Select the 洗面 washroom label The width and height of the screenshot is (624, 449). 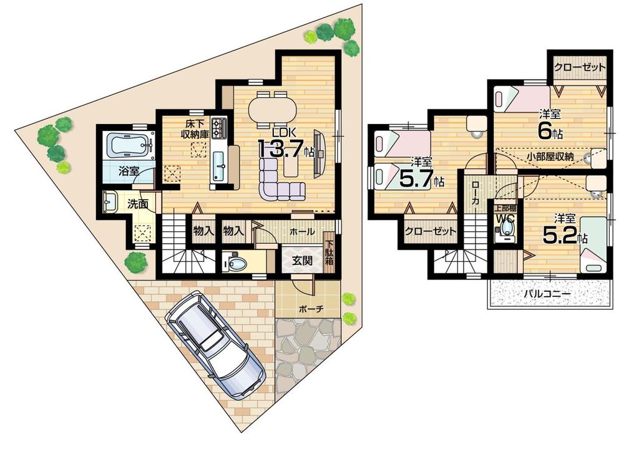(x=139, y=203)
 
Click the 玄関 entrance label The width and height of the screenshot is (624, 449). (x=296, y=261)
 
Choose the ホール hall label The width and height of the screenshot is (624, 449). (x=302, y=231)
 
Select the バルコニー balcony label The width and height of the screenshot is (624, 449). (x=548, y=293)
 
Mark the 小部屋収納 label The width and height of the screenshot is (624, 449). (x=550, y=157)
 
